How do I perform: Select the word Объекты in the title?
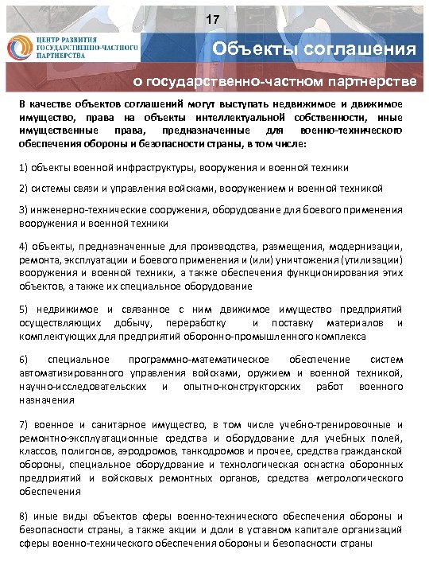(257, 49)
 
